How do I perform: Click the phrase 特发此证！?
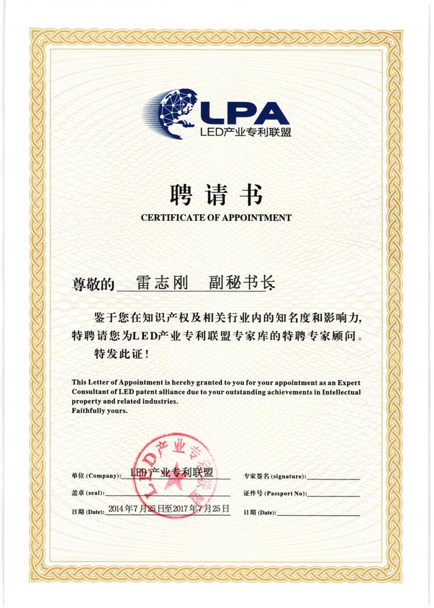[x=124, y=355]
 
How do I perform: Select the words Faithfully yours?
[x=99, y=411]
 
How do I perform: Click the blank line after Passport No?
[x=334, y=495]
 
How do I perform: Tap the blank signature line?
[x=333, y=477]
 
